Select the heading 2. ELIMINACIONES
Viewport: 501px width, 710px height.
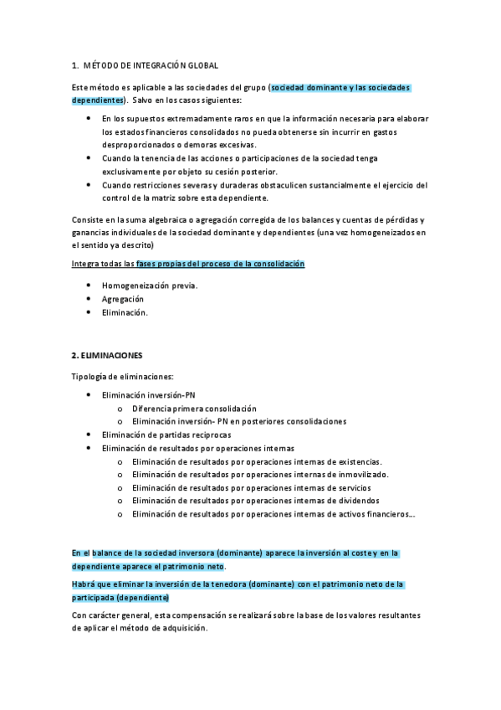point(107,355)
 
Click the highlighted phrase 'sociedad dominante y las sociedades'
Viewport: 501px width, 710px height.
point(341,88)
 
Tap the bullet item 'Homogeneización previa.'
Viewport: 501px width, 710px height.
point(150,286)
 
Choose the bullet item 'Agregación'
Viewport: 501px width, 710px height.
point(123,299)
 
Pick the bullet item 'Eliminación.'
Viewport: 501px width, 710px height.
point(125,312)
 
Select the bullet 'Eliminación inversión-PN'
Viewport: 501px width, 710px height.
point(148,394)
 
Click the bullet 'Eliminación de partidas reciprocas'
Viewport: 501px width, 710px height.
point(166,435)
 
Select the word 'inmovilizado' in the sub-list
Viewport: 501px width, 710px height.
point(361,475)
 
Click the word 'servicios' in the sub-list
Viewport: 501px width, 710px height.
point(353,487)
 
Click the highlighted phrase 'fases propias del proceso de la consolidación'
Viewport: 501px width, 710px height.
point(221,264)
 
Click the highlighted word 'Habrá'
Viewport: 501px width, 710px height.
point(84,584)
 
